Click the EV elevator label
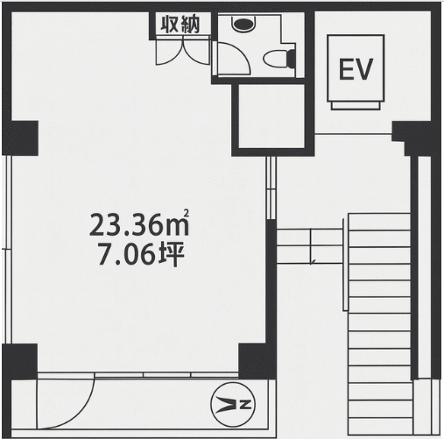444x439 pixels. point(356,69)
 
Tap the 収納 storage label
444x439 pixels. point(180,25)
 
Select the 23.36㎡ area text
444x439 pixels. point(139,224)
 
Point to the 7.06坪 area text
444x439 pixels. point(141,256)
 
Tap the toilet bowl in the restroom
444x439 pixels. point(275,59)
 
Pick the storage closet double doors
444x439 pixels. point(183,52)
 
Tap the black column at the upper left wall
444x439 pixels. point(20,138)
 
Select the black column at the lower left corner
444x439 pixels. point(20,362)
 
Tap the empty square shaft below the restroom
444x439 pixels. point(272,117)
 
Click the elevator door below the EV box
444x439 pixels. point(356,105)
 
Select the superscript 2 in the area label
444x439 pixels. point(187,214)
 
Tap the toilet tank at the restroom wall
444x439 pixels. point(292,59)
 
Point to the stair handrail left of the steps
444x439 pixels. point(345,266)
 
